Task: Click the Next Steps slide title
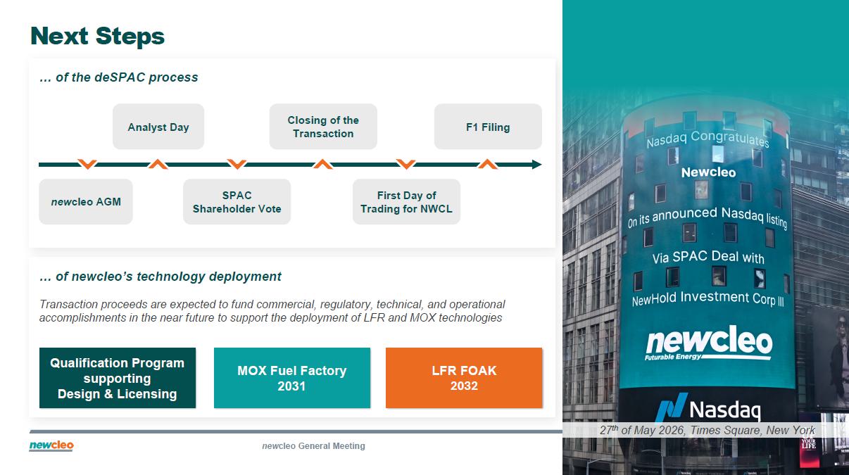coord(97,37)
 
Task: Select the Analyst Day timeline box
coord(158,127)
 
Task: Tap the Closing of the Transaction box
coord(323,127)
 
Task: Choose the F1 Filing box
coord(488,127)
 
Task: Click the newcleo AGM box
coord(86,201)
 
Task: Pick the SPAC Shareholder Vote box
coord(237,201)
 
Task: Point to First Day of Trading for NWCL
coord(406,201)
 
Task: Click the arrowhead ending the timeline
coord(537,165)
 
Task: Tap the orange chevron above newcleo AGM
coord(87,164)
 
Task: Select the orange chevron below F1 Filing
coord(488,164)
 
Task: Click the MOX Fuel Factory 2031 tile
coord(292,378)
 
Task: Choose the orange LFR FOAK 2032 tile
coord(464,378)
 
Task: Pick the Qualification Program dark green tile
coord(118,378)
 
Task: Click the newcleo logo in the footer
coord(51,446)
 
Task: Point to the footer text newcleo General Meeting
coord(313,446)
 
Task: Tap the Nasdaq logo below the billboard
coord(708,408)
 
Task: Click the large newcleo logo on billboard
coord(708,343)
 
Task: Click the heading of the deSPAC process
coord(119,77)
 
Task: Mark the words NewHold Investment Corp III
coord(707,298)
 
